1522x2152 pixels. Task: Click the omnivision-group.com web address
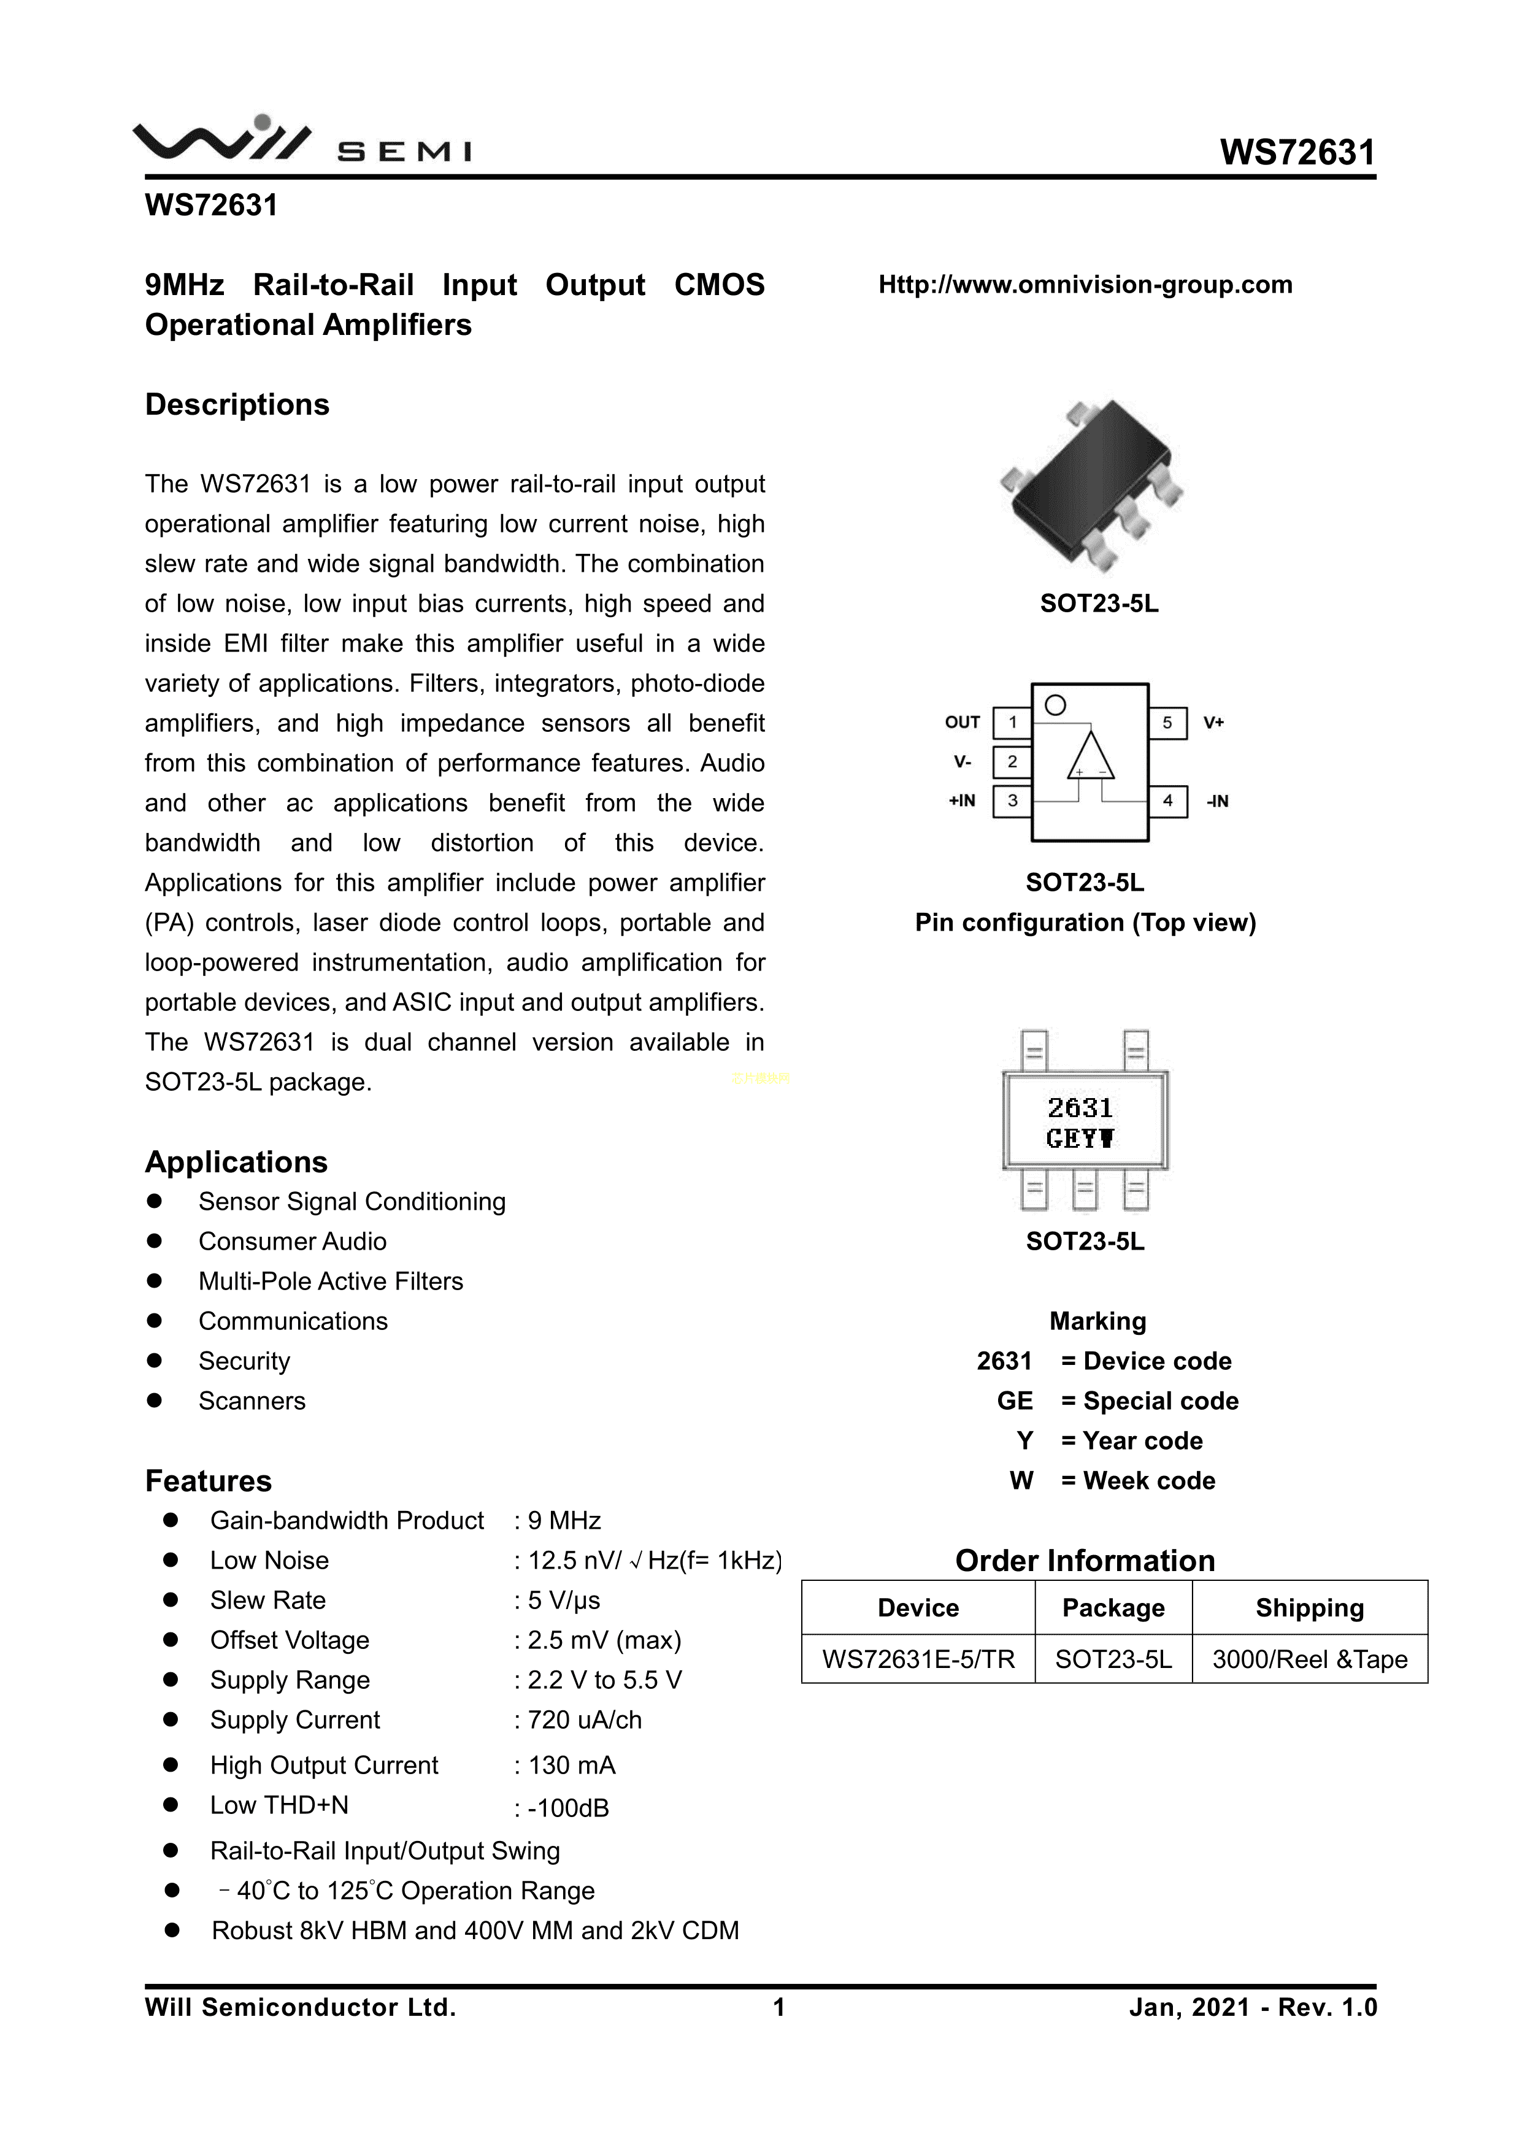pyautogui.click(x=1085, y=284)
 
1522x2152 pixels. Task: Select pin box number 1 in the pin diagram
pyautogui.click(x=1012, y=723)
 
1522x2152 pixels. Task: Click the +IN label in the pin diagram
pyautogui.click(x=961, y=801)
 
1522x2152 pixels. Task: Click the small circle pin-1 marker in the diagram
pyautogui.click(x=1055, y=705)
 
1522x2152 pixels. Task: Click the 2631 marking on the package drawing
pyautogui.click(x=1080, y=1108)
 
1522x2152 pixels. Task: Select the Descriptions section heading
pyautogui.click(x=237, y=405)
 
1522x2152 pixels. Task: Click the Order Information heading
pyautogui.click(x=1085, y=1561)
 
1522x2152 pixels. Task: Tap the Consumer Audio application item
pyautogui.click(x=293, y=1241)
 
